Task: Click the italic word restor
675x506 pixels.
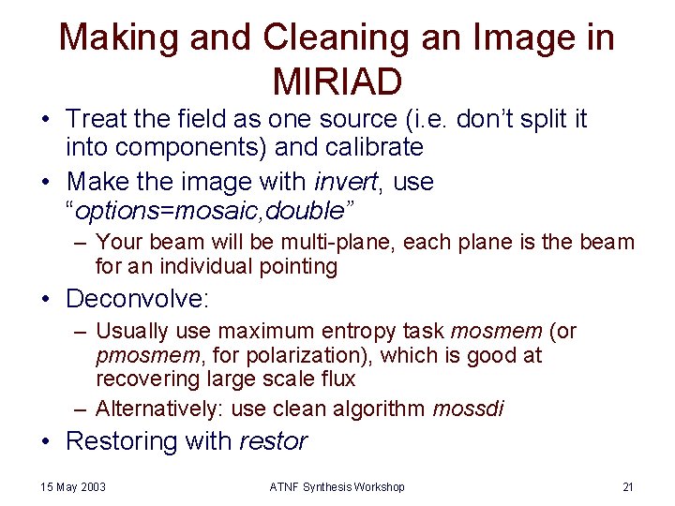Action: pyautogui.click(x=274, y=440)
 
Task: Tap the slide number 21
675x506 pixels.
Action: pyautogui.click(x=628, y=486)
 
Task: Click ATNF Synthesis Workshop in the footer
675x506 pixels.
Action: pyautogui.click(x=338, y=486)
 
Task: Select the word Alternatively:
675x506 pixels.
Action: pyautogui.click(x=154, y=408)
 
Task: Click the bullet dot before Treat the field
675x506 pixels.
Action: pyautogui.click(x=45, y=120)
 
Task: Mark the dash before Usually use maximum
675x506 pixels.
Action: pyautogui.click(x=81, y=332)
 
